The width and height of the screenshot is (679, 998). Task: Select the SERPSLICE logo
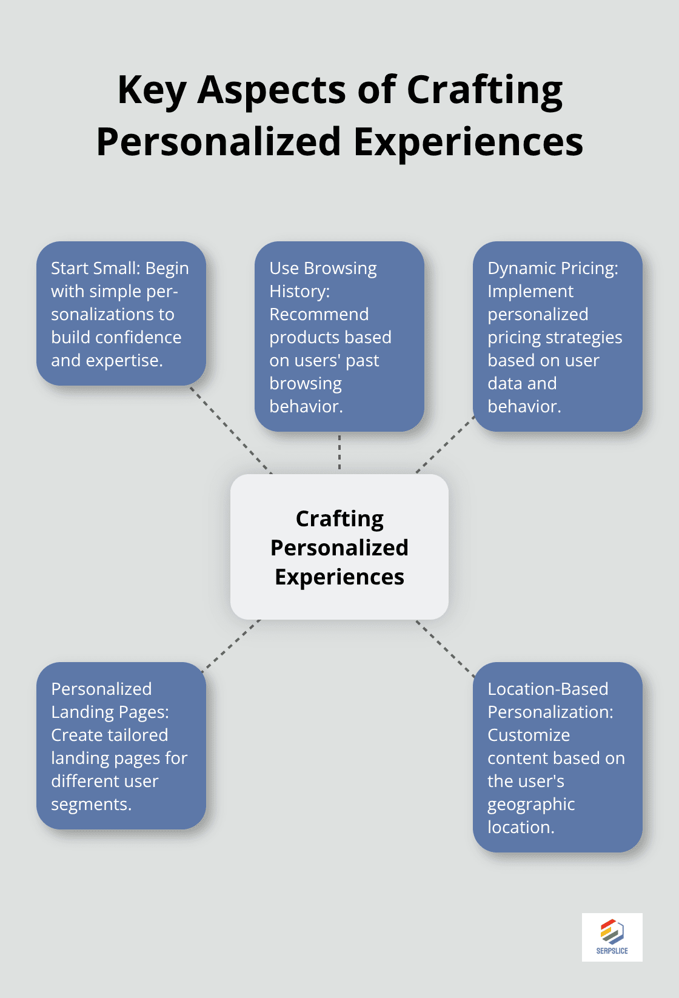click(612, 937)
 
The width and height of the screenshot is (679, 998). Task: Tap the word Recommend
click(319, 315)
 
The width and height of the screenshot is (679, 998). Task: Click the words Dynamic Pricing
click(552, 268)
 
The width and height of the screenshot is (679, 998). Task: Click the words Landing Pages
click(109, 712)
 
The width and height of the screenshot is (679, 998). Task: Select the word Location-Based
click(547, 689)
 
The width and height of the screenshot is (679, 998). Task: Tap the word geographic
click(531, 805)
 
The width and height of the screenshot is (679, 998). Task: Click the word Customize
click(529, 735)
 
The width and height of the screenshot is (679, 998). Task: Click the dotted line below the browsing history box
click(339, 452)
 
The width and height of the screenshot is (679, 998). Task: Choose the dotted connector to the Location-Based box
click(446, 648)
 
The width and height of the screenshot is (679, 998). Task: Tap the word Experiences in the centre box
click(339, 577)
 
